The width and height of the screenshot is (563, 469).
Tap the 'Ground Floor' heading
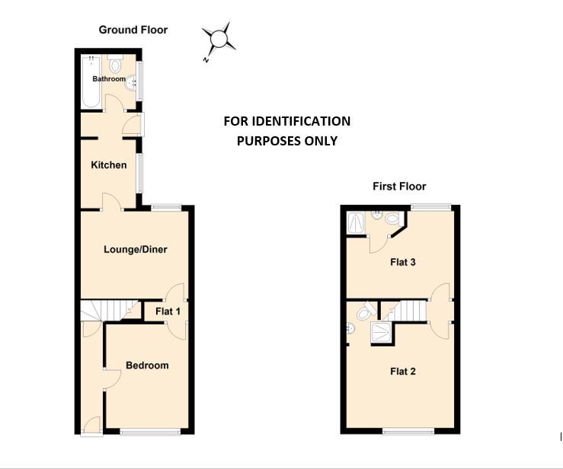(x=133, y=30)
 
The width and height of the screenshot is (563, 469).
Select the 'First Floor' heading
(x=398, y=186)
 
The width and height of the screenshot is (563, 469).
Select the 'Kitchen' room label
(x=109, y=165)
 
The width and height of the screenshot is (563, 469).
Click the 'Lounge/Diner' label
(x=136, y=249)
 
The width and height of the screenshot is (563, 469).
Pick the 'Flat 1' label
(x=168, y=311)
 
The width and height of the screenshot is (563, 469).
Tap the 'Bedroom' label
(x=147, y=365)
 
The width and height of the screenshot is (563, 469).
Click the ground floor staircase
(x=107, y=311)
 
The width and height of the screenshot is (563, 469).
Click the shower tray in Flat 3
(x=355, y=222)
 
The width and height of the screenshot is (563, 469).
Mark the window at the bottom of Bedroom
(x=150, y=432)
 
